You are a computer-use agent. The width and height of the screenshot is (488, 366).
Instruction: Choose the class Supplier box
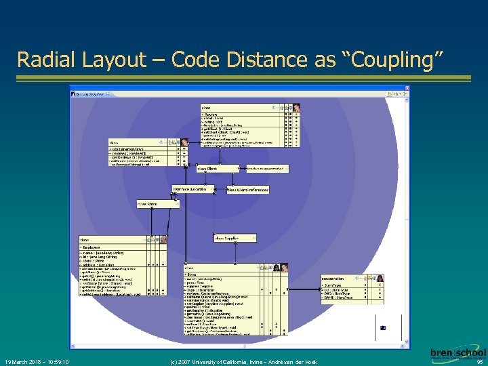tap(234, 238)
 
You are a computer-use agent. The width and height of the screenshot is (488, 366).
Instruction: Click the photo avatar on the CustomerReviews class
tap(184, 142)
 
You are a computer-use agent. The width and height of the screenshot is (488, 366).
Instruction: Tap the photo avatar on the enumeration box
tap(380, 278)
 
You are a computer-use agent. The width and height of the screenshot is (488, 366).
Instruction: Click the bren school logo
tap(458, 354)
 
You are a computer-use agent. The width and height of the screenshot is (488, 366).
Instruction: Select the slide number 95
tap(479, 362)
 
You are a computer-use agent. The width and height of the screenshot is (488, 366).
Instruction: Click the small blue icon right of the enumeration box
tap(383, 328)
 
